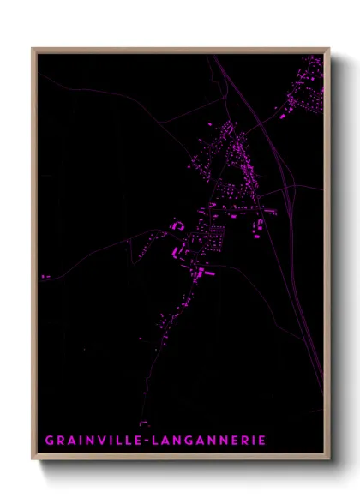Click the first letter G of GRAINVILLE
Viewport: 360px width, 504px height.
49,441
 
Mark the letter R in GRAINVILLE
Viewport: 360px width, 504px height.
60,441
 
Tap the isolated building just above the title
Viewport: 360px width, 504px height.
144,422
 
